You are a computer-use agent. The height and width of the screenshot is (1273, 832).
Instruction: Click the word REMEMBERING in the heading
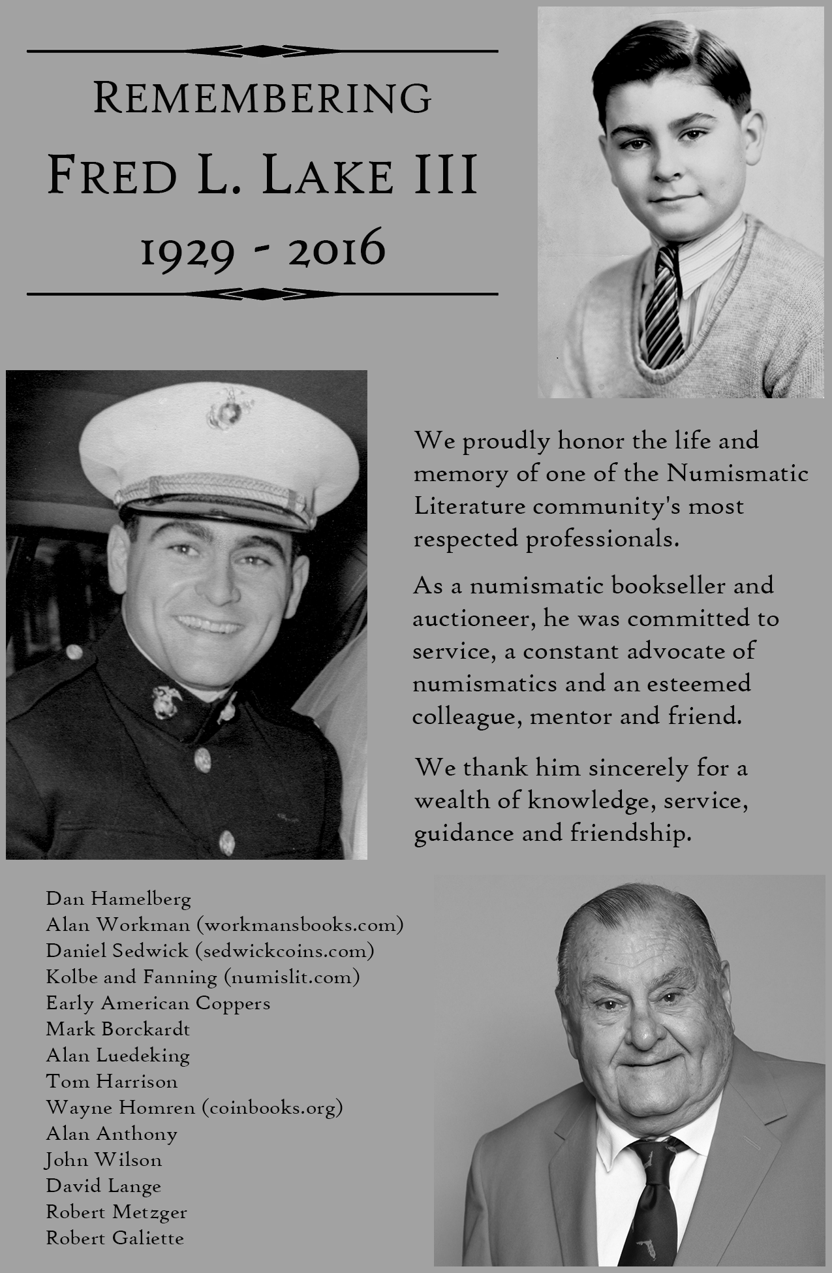click(x=262, y=98)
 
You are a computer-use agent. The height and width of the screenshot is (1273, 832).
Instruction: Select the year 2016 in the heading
click(x=337, y=250)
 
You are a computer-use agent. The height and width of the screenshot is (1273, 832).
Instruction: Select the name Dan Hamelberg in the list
click(x=119, y=899)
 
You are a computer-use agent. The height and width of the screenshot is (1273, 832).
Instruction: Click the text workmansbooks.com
click(x=300, y=925)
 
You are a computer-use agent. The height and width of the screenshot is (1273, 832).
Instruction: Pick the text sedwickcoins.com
click(x=285, y=951)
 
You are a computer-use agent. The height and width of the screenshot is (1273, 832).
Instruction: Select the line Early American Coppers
click(x=158, y=1003)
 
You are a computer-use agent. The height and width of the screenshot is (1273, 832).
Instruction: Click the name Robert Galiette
click(x=115, y=1238)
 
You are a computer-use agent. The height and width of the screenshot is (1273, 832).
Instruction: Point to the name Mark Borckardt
click(x=118, y=1029)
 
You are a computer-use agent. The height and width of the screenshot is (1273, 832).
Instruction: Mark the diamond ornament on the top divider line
click(x=262, y=50)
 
